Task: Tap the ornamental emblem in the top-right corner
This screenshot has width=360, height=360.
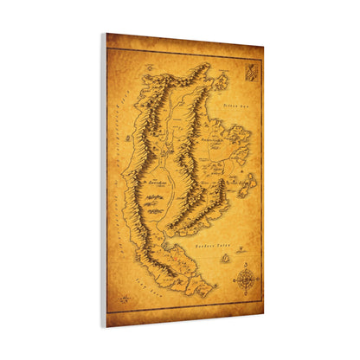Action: pyautogui.click(x=250, y=74)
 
